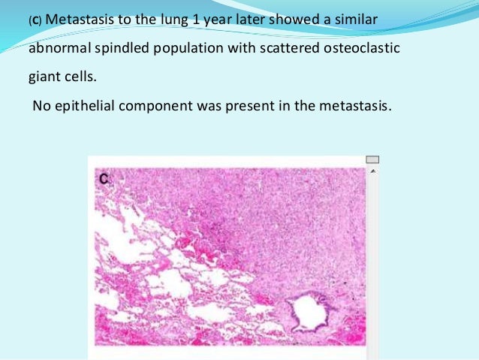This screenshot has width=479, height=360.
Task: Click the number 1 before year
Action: point(196,20)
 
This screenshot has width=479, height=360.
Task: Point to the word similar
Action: point(357,20)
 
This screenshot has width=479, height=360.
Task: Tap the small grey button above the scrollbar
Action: point(372,159)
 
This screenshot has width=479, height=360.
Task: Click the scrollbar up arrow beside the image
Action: point(372,171)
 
